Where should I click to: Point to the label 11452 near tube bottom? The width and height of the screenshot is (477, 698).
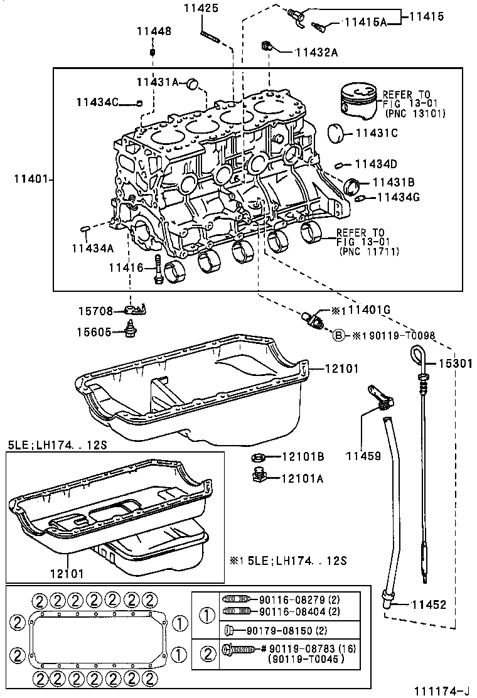(429, 604)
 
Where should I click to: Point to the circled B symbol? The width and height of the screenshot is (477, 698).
(338, 335)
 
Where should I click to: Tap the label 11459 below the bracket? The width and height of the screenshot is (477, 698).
(363, 456)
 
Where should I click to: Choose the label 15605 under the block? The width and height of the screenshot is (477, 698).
(95, 332)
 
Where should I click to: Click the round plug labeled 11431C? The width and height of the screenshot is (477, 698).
(339, 133)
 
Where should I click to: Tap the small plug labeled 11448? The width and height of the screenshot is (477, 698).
(152, 51)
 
